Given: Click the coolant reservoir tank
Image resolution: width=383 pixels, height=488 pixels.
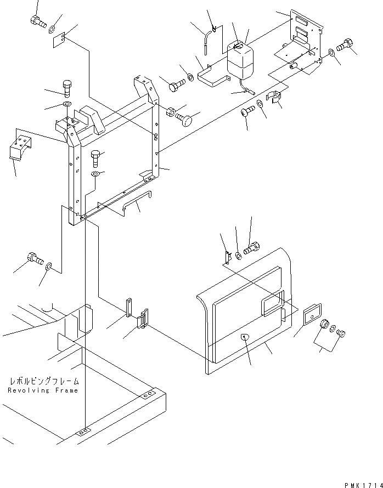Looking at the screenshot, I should click(x=240, y=60).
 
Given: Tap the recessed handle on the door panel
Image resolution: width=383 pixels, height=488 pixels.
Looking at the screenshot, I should click(x=272, y=304).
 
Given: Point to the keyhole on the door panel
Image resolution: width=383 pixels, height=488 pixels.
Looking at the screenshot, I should click(x=244, y=337).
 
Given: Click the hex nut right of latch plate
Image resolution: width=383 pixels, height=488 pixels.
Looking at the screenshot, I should click(x=324, y=325).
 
